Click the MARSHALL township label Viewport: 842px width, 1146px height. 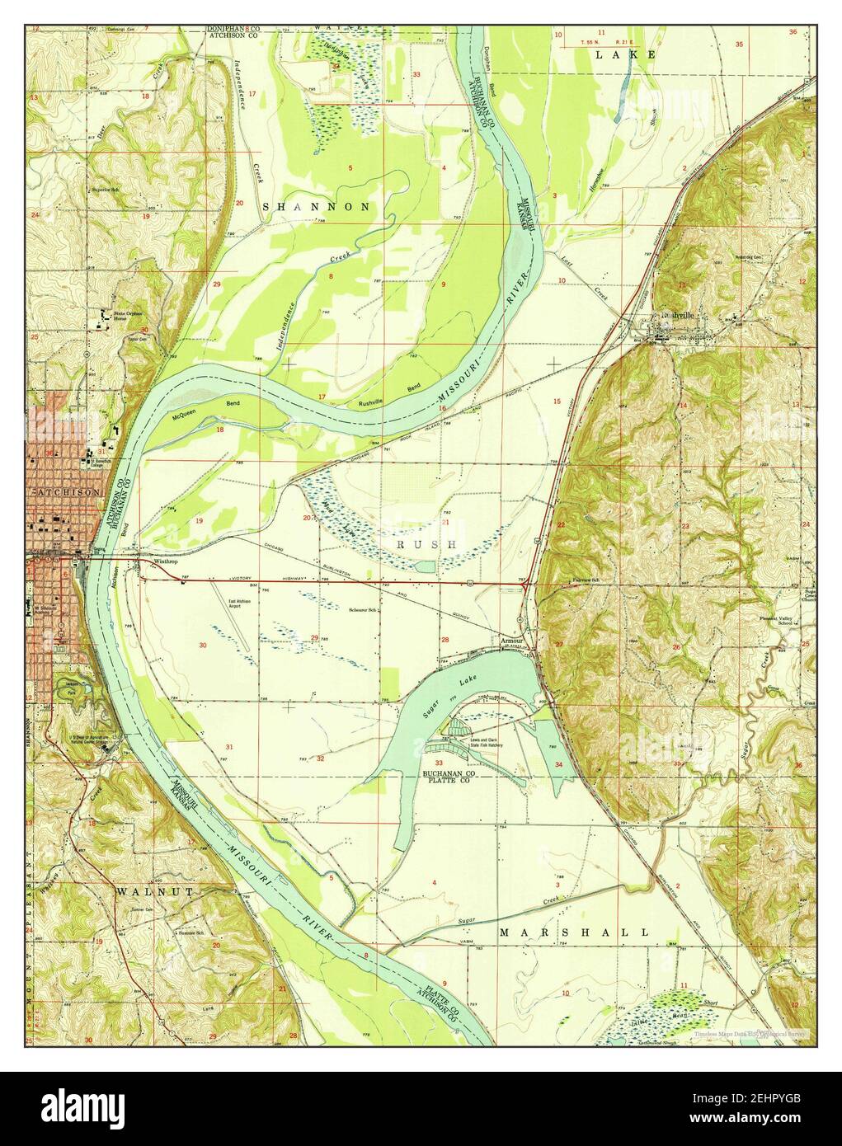click(573, 932)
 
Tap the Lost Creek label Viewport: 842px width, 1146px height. click(598, 289)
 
